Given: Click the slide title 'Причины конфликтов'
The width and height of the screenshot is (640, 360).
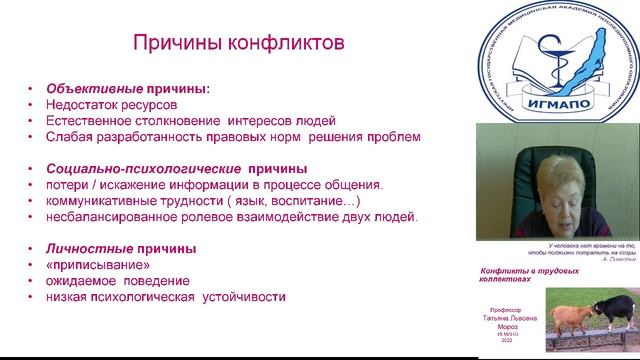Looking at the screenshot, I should point(240,43).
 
